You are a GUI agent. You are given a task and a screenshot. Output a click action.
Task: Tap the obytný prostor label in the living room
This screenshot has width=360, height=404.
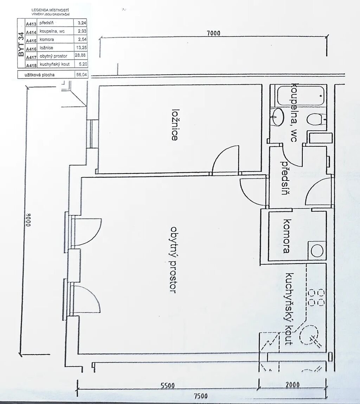173,260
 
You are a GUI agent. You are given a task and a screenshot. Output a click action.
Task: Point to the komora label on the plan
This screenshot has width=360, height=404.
287,236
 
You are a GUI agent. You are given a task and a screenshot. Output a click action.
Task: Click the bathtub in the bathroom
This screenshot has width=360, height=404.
301,95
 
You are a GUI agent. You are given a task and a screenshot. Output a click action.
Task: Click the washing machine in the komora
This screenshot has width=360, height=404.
317,250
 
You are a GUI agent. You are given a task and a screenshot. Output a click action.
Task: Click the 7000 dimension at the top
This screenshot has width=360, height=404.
213,33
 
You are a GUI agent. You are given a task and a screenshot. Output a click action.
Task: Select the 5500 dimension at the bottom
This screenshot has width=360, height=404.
168,385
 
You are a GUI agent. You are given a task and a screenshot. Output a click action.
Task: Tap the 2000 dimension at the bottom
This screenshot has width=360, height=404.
292,385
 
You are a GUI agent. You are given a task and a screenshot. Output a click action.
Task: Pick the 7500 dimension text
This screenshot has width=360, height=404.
200,396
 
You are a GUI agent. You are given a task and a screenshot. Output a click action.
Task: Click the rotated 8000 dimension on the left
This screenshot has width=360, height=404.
28,219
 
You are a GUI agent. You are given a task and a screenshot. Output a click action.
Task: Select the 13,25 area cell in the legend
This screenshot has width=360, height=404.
81,47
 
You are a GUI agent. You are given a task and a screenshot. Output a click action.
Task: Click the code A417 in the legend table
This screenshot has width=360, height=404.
31,57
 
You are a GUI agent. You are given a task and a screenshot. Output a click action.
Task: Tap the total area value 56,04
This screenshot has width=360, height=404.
82,75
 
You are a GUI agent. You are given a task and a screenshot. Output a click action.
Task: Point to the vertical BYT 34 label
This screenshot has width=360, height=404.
21,44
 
